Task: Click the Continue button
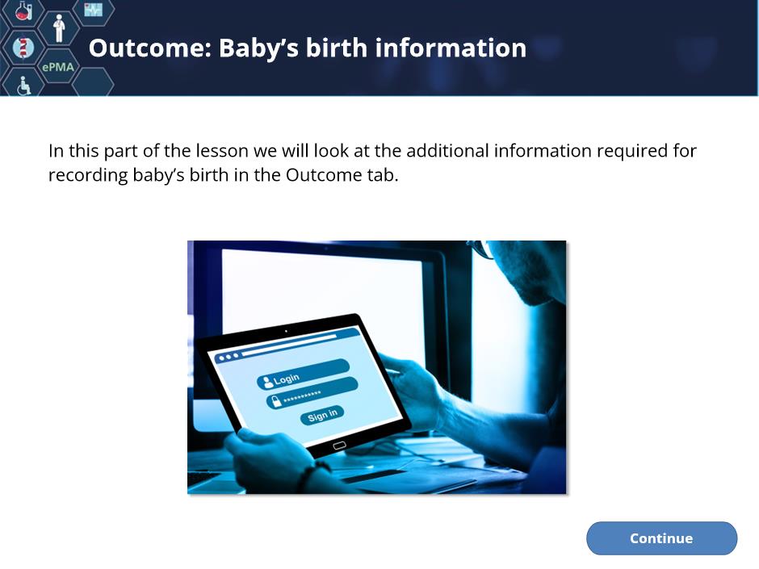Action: [661, 538]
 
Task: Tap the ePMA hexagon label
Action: [58, 67]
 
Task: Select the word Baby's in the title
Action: [258, 48]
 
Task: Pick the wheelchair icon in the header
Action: [23, 86]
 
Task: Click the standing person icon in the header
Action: [59, 27]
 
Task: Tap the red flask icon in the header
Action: [23, 10]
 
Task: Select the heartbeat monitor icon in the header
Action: [94, 10]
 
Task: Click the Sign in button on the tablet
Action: [322, 415]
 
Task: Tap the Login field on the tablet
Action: [304, 374]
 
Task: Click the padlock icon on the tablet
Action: [276, 401]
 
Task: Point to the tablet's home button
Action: [339, 446]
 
